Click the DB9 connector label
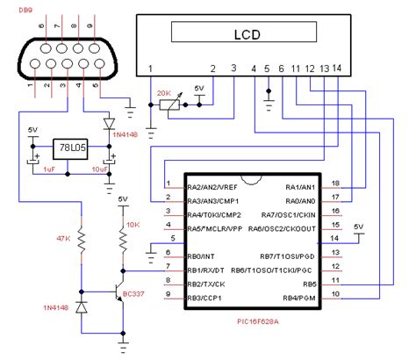[17, 9]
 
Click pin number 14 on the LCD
[338, 68]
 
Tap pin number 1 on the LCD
[151, 68]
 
